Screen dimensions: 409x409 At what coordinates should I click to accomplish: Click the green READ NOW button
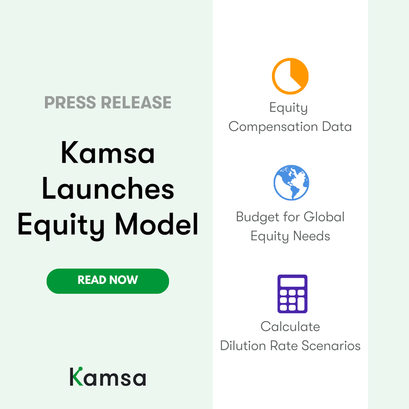click(x=107, y=281)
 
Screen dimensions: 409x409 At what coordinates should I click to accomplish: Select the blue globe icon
click(x=291, y=183)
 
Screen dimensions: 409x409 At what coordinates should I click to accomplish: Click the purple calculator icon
click(x=292, y=294)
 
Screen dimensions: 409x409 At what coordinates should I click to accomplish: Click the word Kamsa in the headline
click(x=108, y=153)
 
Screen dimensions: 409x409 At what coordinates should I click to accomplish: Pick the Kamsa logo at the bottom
click(x=108, y=376)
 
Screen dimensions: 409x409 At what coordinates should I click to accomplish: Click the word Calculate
click(x=290, y=326)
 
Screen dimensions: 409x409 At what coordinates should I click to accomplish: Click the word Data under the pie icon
click(x=335, y=127)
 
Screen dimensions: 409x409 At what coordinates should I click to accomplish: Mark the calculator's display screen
click(x=292, y=282)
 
